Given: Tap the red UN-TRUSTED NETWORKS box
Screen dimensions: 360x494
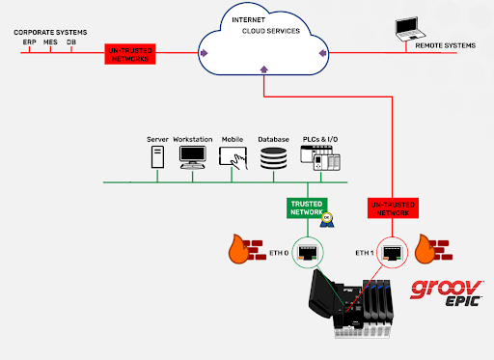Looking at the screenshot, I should pos(131,55).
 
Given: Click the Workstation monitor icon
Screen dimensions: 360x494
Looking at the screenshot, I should pos(192,160).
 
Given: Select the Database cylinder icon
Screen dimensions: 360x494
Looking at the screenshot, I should pos(274,160).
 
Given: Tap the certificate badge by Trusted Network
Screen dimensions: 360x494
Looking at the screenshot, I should pos(328,220).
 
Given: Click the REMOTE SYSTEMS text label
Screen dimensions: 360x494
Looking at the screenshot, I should pos(445,44).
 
